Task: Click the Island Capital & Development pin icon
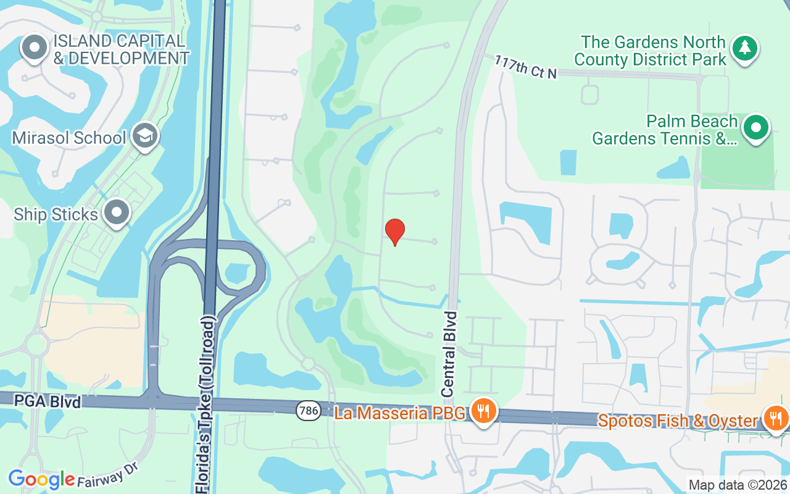[x=35, y=48]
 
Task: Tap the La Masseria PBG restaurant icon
[x=483, y=411]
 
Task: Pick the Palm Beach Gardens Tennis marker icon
[x=756, y=128]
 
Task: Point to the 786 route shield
[x=308, y=410]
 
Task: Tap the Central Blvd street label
[x=451, y=354]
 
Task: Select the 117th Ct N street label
[x=525, y=67]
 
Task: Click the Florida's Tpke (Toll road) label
[x=206, y=404]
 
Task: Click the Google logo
[x=41, y=479]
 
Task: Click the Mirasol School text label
[x=69, y=138]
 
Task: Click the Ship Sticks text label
[x=56, y=214]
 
